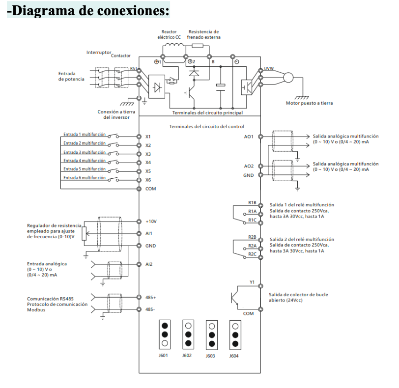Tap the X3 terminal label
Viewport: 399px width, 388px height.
[148, 154]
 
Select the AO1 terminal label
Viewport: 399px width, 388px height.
[249, 137]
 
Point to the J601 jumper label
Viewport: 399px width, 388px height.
[165, 355]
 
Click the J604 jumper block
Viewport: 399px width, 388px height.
[235, 334]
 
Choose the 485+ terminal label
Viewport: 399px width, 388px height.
[150, 298]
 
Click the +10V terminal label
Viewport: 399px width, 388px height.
[150, 222]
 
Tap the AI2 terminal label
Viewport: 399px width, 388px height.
[149, 264]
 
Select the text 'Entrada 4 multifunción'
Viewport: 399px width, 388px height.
[84, 160]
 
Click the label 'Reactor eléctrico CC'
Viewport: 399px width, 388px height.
[169, 34]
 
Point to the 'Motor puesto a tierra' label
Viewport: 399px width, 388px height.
[309, 103]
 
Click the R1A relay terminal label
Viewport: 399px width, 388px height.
[252, 211]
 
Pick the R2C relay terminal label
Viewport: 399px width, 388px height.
[252, 254]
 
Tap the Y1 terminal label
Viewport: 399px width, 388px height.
[252, 282]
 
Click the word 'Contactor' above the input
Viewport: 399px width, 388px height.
[121, 55]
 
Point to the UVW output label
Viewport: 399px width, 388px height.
[269, 69]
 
